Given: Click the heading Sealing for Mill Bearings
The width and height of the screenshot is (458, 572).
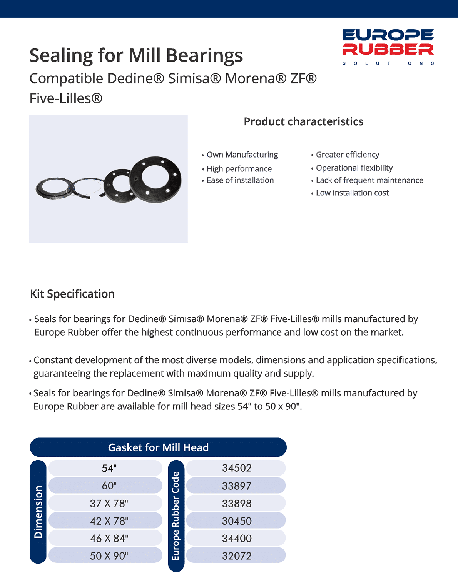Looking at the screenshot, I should click(136, 55).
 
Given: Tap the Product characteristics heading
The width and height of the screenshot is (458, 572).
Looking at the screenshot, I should click(303, 122).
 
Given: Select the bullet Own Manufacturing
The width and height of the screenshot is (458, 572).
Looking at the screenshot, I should click(242, 155).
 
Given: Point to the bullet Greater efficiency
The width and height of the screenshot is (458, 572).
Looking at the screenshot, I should click(347, 155).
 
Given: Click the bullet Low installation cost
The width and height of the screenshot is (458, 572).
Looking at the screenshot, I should click(352, 193).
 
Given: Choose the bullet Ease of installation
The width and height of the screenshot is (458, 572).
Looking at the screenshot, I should click(240, 180).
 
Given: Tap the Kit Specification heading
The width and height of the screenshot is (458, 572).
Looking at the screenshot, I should click(72, 294).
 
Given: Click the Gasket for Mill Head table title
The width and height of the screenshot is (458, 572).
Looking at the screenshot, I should click(158, 447).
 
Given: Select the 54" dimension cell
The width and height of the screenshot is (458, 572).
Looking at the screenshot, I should click(109, 468).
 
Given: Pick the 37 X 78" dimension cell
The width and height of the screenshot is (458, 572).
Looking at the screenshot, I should click(109, 504).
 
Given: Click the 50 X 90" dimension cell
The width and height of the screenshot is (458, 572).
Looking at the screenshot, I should click(109, 556).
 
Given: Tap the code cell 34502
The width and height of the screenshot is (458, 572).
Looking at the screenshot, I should click(237, 468).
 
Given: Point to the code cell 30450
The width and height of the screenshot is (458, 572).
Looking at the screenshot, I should click(237, 521).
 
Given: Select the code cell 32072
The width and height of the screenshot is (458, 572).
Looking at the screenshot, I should click(237, 556).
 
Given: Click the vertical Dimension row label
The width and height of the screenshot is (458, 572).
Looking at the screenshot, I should click(38, 512).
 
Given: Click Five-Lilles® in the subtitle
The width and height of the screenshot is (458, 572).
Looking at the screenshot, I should click(66, 99).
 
